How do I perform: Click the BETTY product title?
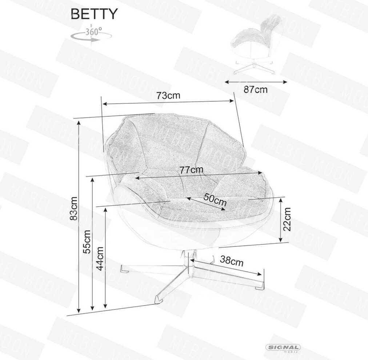(x=94, y=14)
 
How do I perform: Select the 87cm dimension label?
(x=256, y=89)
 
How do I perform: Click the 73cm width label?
(x=168, y=96)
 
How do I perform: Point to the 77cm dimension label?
(x=192, y=169)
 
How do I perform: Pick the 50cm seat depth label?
(x=215, y=199)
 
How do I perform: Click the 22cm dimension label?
(x=287, y=219)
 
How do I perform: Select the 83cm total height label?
(x=74, y=208)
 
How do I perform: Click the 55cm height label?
(x=87, y=242)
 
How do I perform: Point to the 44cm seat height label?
(x=100, y=259)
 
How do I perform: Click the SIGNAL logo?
(x=283, y=348)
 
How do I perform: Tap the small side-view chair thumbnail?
(x=255, y=45)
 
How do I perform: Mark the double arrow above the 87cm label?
(x=256, y=82)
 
